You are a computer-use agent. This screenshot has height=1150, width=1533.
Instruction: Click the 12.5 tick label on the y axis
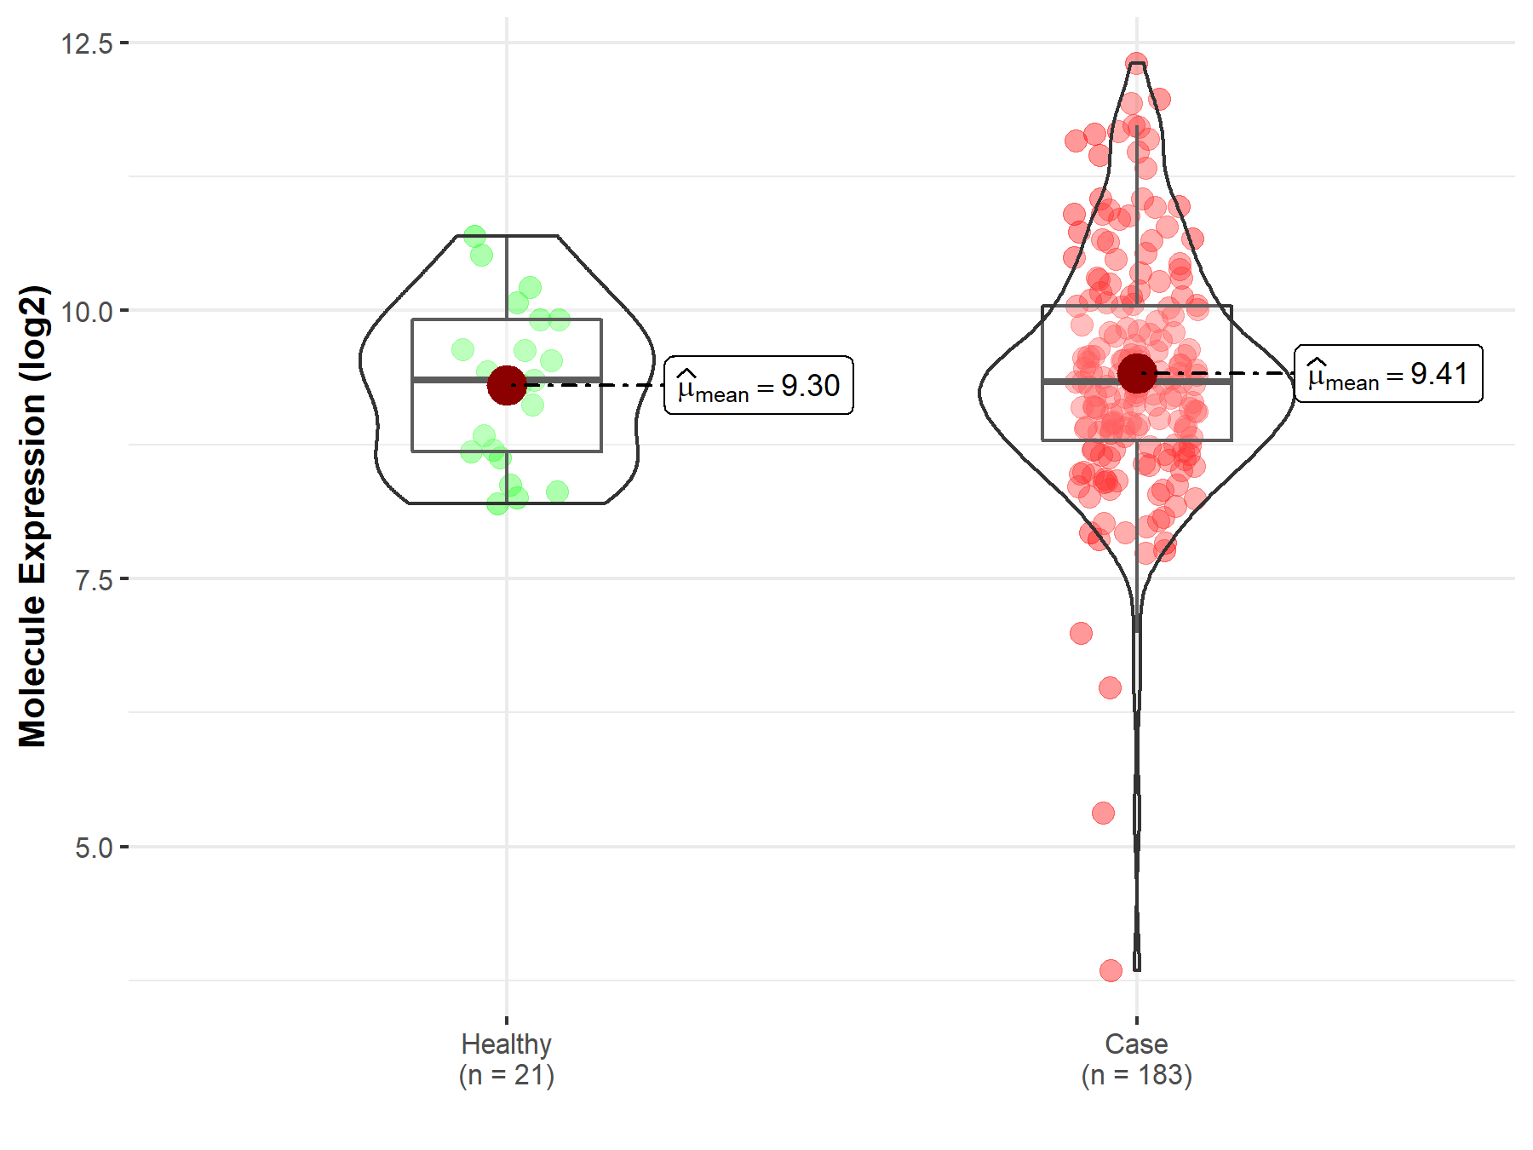tap(87, 43)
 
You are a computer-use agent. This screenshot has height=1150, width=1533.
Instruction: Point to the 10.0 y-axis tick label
tap(87, 311)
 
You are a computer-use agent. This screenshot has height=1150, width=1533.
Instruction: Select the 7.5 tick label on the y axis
tap(94, 579)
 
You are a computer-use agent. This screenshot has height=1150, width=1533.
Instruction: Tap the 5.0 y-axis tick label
tap(94, 848)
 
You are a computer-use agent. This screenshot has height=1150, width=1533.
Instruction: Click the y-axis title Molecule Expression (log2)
tap(32, 516)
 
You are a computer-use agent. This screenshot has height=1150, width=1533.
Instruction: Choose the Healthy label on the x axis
tap(506, 1044)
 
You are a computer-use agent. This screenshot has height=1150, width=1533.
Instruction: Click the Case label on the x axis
tap(1136, 1044)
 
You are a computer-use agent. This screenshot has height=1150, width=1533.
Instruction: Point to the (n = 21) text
tap(506, 1075)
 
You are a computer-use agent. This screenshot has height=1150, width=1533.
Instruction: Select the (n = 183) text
tap(1136, 1075)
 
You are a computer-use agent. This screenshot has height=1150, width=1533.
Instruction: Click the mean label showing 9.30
tap(758, 386)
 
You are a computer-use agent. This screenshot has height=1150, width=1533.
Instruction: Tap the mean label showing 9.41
tap(1388, 374)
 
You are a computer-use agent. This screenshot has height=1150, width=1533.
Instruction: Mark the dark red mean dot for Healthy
tap(507, 385)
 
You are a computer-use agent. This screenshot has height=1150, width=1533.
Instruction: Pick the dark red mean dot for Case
tap(1137, 373)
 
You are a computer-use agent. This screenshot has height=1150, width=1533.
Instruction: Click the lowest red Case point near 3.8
tap(1111, 970)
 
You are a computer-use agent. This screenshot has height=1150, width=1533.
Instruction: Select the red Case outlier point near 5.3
tap(1103, 813)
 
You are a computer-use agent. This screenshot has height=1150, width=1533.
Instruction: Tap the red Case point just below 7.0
tap(1081, 633)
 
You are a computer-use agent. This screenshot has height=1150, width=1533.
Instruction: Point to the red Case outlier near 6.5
tap(1110, 687)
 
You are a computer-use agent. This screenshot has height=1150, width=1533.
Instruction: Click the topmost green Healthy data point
tap(475, 236)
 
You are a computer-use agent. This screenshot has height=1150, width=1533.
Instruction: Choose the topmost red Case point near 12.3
tap(1136, 63)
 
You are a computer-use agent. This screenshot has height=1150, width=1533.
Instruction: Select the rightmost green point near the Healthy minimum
tap(557, 492)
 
